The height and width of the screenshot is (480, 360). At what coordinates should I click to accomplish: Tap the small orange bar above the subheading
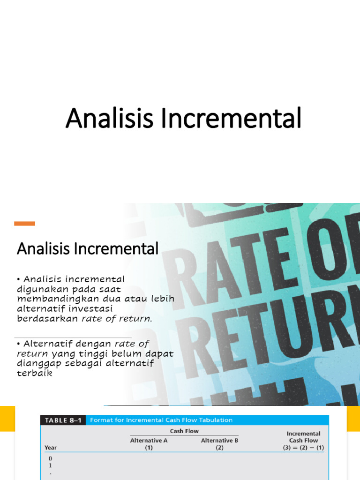(x=24, y=224)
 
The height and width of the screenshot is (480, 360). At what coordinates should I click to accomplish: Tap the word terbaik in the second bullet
(x=34, y=374)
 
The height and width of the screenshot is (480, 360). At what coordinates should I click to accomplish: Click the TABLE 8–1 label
(x=62, y=420)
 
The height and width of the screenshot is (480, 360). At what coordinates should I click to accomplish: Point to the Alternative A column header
(x=149, y=441)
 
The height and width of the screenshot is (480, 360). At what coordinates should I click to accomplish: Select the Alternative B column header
(x=220, y=441)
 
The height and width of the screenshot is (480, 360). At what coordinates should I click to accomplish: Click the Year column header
(x=51, y=448)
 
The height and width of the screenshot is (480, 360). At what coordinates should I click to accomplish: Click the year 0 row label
(x=50, y=458)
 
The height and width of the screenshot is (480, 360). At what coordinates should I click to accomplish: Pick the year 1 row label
(x=50, y=466)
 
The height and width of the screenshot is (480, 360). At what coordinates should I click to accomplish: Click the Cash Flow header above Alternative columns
(x=184, y=431)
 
